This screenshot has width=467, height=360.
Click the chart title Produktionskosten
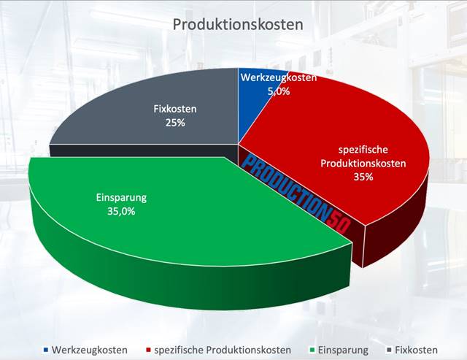click(237, 25)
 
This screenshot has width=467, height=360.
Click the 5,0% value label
click(279, 91)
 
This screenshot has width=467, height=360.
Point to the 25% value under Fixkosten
click(175, 123)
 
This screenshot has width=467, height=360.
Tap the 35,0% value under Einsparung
click(121, 212)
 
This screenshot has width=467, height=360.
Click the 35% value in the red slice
click(363, 177)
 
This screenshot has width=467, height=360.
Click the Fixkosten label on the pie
click(176, 110)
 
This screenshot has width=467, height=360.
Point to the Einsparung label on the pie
click(121, 197)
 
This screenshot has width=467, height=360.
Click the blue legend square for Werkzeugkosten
click(47, 350)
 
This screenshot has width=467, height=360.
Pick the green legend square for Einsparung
click(312, 350)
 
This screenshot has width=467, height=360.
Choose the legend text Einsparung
click(344, 350)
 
